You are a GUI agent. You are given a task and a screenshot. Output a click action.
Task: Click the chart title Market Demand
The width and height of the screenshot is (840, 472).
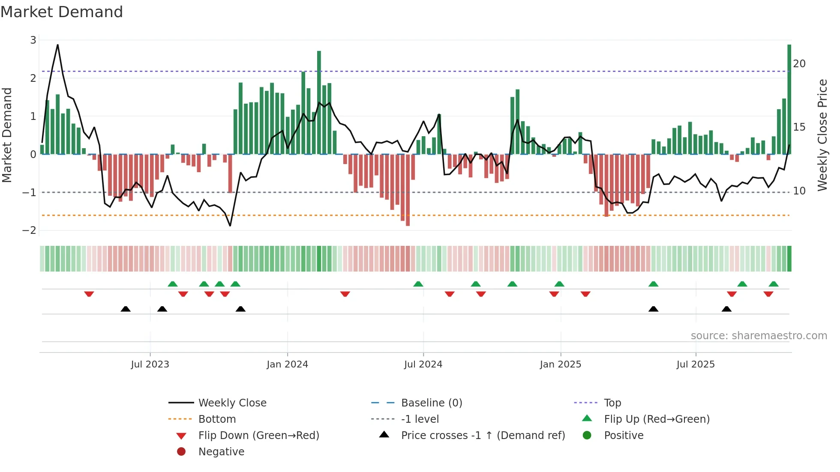62,12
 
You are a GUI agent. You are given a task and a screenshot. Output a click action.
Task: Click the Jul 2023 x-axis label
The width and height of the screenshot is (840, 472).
150,364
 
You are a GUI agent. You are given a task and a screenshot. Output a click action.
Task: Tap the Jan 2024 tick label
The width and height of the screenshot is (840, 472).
287,364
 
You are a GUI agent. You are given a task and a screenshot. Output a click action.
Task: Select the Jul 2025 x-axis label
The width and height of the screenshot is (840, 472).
696,364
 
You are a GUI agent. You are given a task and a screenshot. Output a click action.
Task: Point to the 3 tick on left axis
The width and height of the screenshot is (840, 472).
33,40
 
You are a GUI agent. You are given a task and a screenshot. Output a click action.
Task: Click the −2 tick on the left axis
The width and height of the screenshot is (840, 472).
30,230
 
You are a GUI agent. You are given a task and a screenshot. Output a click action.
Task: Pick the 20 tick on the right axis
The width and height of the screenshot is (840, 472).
799,64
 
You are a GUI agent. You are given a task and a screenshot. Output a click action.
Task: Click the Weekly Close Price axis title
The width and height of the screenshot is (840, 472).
822,135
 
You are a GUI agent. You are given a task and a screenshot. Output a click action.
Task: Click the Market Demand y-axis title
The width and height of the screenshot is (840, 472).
7,135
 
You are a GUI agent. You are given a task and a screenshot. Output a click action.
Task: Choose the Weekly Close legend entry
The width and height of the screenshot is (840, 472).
232,403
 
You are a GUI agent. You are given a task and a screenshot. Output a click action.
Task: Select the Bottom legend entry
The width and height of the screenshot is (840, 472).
217,419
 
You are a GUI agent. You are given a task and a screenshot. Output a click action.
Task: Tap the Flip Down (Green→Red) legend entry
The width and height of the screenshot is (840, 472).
258,436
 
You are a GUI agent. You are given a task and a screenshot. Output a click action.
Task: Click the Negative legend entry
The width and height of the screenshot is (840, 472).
221,452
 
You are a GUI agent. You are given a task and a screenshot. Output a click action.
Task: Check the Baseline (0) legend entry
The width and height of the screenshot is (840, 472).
431,403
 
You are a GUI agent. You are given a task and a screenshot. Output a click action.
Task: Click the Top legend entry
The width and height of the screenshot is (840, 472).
612,403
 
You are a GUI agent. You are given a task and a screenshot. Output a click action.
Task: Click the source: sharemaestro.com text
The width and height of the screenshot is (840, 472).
759,336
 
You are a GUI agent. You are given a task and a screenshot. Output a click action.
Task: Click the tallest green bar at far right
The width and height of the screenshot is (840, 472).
789,99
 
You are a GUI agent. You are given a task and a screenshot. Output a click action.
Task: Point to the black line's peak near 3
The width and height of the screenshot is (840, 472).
58,45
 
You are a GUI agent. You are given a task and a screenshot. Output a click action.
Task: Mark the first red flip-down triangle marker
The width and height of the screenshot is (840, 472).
89,294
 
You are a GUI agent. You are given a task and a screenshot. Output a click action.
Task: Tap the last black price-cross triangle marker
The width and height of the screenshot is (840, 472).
726,309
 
